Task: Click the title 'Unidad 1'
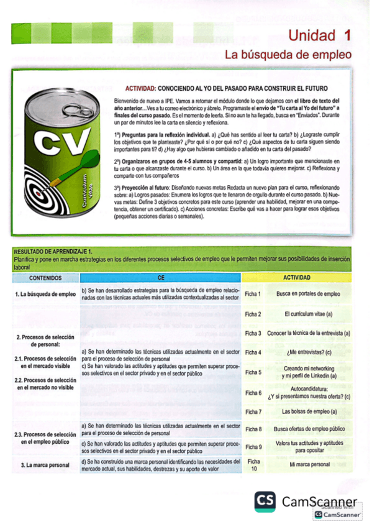coord(319,35)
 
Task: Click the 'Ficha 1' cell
coord(253,294)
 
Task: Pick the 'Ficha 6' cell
coord(253,393)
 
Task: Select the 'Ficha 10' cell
coord(253,465)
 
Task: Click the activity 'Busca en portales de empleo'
coord(309,294)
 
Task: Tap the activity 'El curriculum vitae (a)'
coord(309,314)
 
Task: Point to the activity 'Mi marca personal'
coord(309,465)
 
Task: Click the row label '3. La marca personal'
coord(45,465)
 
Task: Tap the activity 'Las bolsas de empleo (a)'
coord(309,411)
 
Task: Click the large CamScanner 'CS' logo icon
coord(265,501)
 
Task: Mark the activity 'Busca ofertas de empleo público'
coord(309,429)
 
